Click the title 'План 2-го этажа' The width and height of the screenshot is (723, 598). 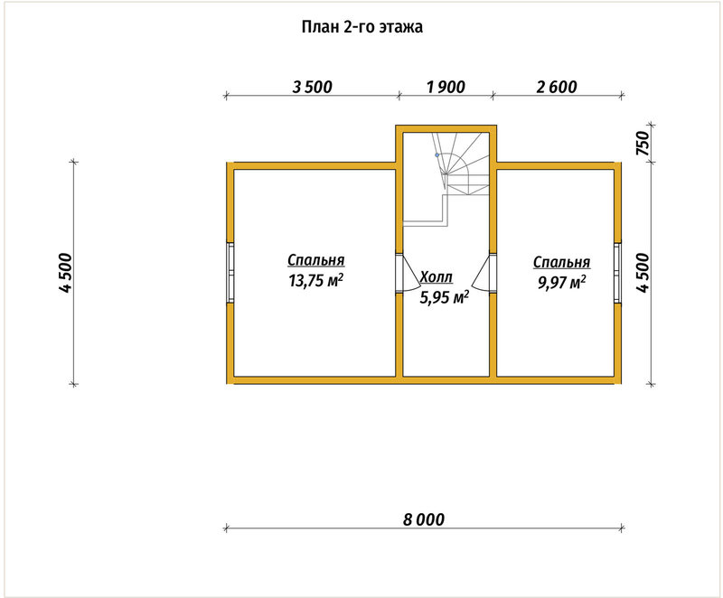point(362,27)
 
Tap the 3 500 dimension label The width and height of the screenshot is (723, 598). point(312,87)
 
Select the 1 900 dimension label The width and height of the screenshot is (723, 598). point(446,87)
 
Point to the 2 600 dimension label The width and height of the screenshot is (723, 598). point(557,87)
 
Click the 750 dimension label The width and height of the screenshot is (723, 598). point(643,143)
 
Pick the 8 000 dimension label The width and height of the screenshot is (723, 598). point(424,519)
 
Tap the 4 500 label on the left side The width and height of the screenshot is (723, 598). point(65,273)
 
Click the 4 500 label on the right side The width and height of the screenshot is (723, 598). point(643,273)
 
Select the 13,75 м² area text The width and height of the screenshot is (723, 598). point(315,280)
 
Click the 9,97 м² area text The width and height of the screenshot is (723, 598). point(561,282)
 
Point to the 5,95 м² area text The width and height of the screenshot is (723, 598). point(444,297)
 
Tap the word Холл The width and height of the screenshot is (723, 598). point(437,277)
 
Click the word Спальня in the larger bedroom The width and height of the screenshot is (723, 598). point(315,260)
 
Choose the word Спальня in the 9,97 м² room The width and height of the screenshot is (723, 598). point(561,262)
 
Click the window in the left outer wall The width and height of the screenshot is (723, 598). point(230,273)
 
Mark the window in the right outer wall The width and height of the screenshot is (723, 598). point(617,273)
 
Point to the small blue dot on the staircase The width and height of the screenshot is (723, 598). point(437,155)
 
